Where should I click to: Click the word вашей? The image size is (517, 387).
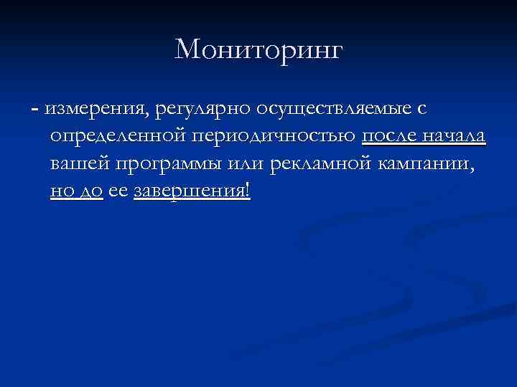(80, 166)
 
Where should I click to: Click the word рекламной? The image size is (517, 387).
(320, 166)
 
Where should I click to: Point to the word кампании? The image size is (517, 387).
(427, 166)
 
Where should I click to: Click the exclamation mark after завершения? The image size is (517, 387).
(248, 192)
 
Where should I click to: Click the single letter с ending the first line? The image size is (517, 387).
(421, 110)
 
